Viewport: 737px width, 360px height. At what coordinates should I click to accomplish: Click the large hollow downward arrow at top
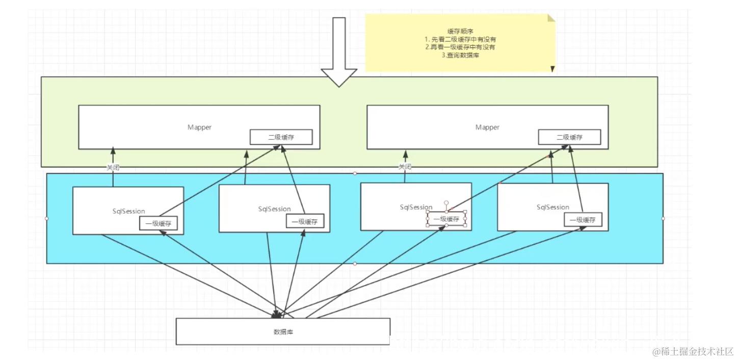pyautogui.click(x=339, y=51)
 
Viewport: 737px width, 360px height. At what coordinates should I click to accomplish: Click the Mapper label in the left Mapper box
pyautogui.click(x=199, y=127)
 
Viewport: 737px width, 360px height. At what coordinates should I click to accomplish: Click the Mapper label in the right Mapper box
pyautogui.click(x=487, y=127)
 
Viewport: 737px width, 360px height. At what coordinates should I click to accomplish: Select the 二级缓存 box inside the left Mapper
pyautogui.click(x=281, y=137)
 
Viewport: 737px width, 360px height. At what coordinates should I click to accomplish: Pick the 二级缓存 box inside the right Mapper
pyautogui.click(x=569, y=137)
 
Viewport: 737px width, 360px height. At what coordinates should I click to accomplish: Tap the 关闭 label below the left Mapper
pyautogui.click(x=113, y=167)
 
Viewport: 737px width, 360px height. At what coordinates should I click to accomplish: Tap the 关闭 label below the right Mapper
pyautogui.click(x=405, y=167)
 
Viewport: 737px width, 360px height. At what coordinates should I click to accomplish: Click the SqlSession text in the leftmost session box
pyautogui.click(x=128, y=211)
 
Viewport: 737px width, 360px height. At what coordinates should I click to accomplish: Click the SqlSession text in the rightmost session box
pyautogui.click(x=552, y=207)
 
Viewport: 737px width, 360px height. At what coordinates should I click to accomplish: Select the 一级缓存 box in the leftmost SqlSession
pyautogui.click(x=159, y=223)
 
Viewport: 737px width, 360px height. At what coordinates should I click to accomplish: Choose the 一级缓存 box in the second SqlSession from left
pyautogui.click(x=305, y=221)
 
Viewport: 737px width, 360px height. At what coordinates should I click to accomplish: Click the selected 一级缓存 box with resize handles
pyautogui.click(x=446, y=219)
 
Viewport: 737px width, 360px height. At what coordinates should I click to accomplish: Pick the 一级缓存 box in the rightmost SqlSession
pyautogui.click(x=583, y=220)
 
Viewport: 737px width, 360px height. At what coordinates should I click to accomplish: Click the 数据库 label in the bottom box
pyautogui.click(x=283, y=332)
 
